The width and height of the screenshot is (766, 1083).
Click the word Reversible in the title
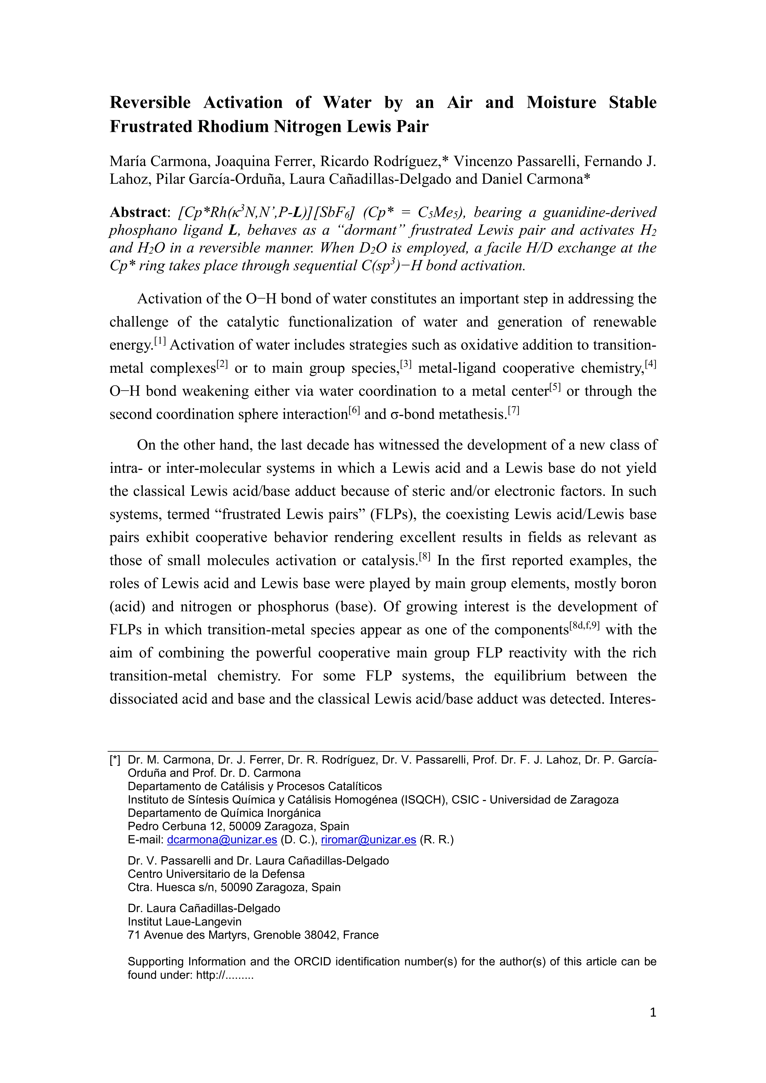click(x=150, y=102)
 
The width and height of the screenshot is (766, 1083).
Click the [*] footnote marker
click(x=115, y=760)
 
